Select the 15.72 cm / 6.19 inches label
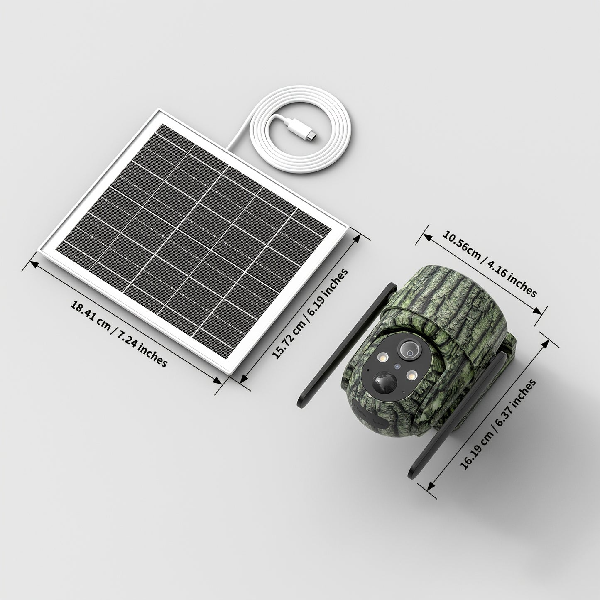click(309, 313)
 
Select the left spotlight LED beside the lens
click(382, 358)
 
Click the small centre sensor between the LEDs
click(397, 367)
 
